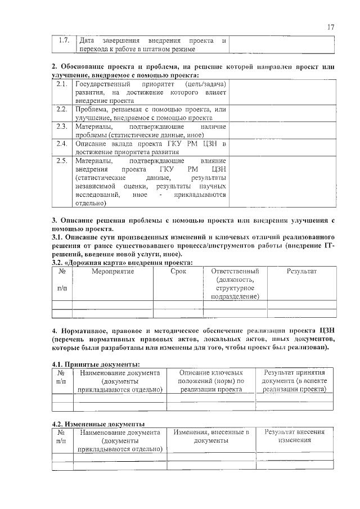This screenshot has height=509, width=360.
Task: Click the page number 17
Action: [331, 27]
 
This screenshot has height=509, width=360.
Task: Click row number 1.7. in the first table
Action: [64, 41]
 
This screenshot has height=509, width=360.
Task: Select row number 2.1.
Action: [62, 84]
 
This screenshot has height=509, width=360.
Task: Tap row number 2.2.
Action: [62, 109]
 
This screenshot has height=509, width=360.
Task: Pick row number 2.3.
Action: [62, 127]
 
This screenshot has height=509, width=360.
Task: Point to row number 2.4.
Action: [62, 144]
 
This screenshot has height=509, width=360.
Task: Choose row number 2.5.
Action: [62, 161]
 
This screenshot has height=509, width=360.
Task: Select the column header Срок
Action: [178, 272]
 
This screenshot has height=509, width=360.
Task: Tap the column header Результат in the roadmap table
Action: [301, 272]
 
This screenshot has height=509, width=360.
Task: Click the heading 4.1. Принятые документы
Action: [92, 364]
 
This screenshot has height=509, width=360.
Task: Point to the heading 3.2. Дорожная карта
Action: [121, 262]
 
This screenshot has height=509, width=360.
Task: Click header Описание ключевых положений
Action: [211, 381]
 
